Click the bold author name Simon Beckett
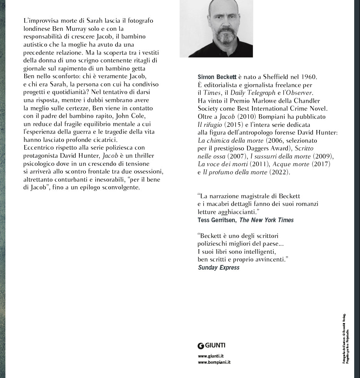217,77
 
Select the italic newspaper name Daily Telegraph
253,93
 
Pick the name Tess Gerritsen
216,220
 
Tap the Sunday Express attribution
219,268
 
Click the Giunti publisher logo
212,346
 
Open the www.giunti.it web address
211,356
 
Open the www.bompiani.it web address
214,362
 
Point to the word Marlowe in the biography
257,101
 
